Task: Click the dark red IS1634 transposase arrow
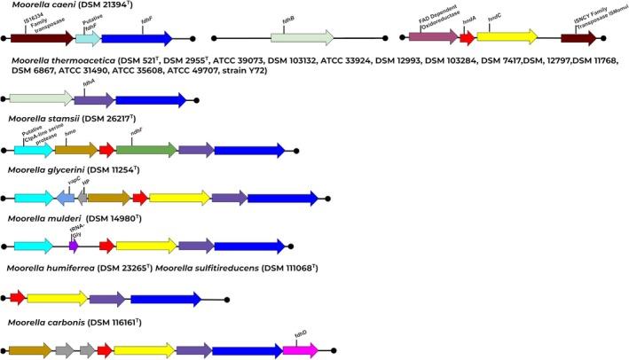tap(41, 39)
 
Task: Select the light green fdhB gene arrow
tap(302, 39)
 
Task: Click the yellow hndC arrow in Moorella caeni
tap(506, 39)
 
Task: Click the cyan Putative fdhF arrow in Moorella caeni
tap(87, 39)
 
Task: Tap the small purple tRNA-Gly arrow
tap(74, 246)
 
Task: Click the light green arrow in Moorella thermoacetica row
tap(39, 100)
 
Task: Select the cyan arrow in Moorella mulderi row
tap(33, 246)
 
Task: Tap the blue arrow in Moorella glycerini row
tap(282, 199)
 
